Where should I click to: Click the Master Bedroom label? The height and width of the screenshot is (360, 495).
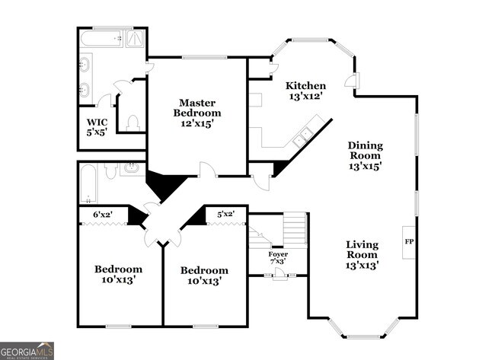pyautogui.click(x=197, y=113)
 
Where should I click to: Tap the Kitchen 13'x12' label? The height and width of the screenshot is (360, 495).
pyautogui.click(x=305, y=91)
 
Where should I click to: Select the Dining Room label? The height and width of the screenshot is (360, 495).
pyautogui.click(x=366, y=155)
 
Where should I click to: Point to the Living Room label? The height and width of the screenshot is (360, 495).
pyautogui.click(x=362, y=255)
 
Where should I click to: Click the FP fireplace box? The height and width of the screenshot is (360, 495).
pyautogui.click(x=409, y=241)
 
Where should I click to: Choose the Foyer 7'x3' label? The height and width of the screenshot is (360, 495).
pyautogui.click(x=278, y=258)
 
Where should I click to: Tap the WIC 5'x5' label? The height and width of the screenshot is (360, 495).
pyautogui.click(x=97, y=127)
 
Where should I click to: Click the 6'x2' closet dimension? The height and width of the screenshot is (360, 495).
pyautogui.click(x=102, y=215)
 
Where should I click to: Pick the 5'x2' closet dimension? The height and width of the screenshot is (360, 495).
pyautogui.click(x=226, y=215)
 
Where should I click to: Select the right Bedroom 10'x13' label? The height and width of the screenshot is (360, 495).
pyautogui.click(x=204, y=276)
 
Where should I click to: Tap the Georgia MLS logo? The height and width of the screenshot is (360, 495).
pyautogui.click(x=27, y=350)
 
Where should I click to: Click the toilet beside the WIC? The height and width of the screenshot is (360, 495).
pyautogui.click(x=133, y=122)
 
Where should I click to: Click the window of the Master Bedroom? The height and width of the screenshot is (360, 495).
pyautogui.click(x=204, y=56)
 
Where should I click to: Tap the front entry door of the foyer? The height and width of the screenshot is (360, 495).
pyautogui.click(x=279, y=275)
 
